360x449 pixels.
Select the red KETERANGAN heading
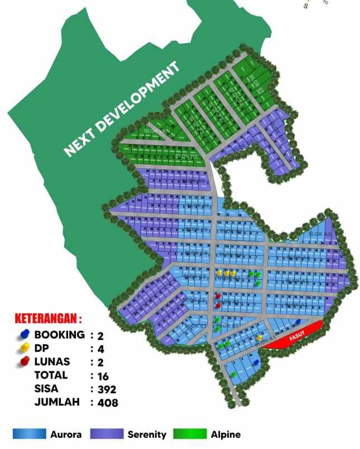48,319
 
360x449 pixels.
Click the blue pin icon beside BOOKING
24,335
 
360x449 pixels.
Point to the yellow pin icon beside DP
24,348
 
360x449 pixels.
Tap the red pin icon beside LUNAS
24,361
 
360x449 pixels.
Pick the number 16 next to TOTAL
103,375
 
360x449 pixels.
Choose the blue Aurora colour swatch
29,434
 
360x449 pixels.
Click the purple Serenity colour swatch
107,434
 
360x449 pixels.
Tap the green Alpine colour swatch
190,434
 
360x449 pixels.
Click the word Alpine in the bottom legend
225,434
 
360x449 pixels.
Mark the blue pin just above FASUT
298,322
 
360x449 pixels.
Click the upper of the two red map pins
218,296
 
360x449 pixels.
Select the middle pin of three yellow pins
227,273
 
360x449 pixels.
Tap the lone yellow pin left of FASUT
260,338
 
